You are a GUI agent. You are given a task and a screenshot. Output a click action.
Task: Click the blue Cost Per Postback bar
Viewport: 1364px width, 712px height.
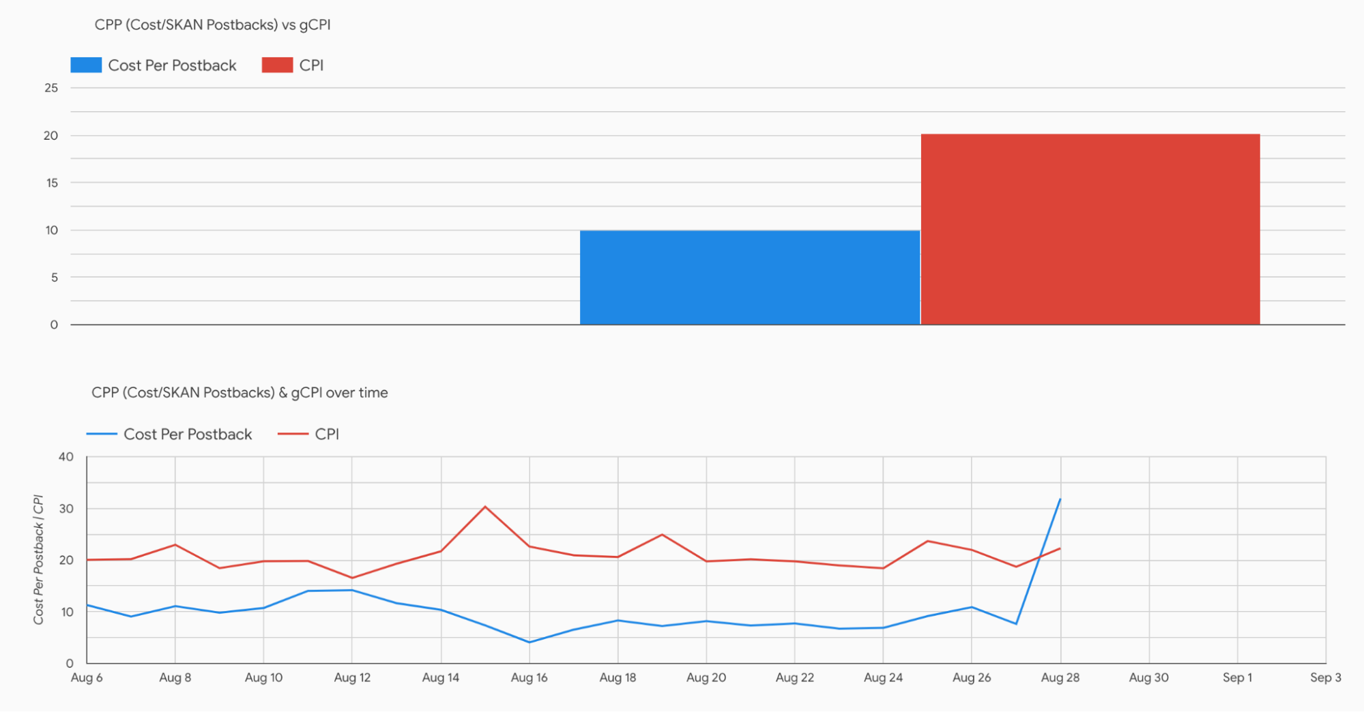tap(749, 278)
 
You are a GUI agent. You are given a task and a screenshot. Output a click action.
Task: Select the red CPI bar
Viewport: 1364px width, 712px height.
tap(1090, 229)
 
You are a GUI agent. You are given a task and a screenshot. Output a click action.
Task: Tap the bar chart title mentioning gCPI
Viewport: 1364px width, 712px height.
tap(212, 25)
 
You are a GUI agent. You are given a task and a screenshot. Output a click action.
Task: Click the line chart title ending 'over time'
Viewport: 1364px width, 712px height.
tap(240, 393)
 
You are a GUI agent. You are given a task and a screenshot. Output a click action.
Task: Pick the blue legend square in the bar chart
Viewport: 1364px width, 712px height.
tap(86, 65)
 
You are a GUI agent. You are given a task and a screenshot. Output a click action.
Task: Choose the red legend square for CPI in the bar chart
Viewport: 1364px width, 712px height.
tap(277, 65)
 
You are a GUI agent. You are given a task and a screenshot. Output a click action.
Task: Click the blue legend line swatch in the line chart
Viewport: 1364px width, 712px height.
tap(102, 434)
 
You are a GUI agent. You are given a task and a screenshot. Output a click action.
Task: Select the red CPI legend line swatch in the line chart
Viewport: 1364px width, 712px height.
tap(293, 434)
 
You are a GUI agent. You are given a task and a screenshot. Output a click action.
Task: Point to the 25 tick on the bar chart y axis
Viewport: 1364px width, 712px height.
tap(51, 88)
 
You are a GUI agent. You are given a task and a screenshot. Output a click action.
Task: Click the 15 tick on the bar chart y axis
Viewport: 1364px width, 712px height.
tap(52, 183)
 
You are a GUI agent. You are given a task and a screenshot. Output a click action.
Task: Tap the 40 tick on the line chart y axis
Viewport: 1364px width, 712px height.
tap(66, 457)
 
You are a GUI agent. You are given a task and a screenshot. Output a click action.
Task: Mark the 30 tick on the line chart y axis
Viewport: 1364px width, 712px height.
tap(66, 509)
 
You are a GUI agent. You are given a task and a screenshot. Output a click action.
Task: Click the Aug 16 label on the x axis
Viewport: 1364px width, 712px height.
tap(529, 678)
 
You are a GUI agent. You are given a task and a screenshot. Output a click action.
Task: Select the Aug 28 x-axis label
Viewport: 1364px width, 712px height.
tap(1060, 678)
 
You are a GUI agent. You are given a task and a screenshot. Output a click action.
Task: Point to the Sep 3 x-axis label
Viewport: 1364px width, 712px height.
tap(1325, 678)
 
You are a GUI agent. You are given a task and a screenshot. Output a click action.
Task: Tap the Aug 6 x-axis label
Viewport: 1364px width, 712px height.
tap(87, 678)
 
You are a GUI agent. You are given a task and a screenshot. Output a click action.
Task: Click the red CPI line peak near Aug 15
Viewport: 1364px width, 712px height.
tap(485, 507)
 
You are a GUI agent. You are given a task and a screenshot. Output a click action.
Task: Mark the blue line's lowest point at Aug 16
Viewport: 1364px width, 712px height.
tap(529, 642)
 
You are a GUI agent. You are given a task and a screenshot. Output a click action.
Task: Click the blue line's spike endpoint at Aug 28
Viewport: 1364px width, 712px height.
tap(1060, 499)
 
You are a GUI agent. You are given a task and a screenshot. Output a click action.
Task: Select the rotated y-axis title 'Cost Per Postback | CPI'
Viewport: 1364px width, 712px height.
tap(39, 559)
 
